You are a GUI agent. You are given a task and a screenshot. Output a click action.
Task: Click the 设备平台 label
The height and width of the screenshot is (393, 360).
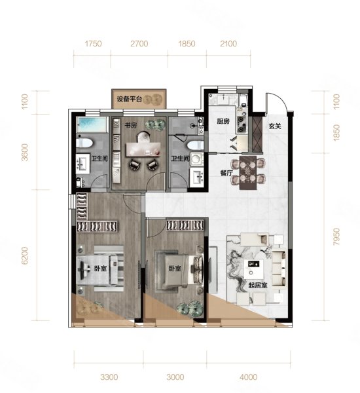coord(129,99)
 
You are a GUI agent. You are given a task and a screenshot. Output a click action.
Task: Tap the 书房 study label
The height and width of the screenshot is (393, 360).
coord(131,125)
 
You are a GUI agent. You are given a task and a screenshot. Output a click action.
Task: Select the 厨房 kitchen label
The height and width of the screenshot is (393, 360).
coord(223,121)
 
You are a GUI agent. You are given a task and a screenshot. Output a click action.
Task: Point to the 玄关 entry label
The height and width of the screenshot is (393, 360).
coord(275,126)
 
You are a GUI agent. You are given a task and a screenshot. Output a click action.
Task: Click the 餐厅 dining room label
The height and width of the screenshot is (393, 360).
coord(226,173)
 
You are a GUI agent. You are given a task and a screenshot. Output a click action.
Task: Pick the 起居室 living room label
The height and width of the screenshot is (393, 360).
coord(258,286)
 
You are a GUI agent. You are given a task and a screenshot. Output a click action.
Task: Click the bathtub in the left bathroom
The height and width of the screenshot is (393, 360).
coord(92,124)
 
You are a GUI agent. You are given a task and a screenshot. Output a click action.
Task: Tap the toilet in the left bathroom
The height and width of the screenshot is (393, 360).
coord(84,143)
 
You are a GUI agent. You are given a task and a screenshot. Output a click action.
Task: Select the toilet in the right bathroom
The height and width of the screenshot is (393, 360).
coord(195,145)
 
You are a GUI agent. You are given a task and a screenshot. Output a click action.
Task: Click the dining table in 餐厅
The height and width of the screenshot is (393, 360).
coord(248,172)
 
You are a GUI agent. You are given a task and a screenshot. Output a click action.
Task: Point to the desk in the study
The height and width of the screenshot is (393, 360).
coord(143,149)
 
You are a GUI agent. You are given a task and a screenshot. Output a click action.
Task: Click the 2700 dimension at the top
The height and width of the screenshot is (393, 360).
coord(139,44)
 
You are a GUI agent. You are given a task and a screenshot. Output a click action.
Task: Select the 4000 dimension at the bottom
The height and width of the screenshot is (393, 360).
coord(248,377)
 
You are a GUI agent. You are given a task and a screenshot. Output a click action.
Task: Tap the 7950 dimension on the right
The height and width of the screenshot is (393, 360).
coord(337,236)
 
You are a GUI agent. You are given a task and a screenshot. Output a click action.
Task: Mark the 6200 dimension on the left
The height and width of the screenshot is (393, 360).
coord(25,255)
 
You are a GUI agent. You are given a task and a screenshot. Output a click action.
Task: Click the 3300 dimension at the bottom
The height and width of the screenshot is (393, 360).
coord(109,377)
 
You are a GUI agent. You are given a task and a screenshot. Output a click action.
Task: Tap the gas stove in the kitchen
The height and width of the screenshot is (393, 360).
coord(242,121)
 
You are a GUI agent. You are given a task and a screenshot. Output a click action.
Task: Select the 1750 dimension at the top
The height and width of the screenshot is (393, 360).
coord(93,44)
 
